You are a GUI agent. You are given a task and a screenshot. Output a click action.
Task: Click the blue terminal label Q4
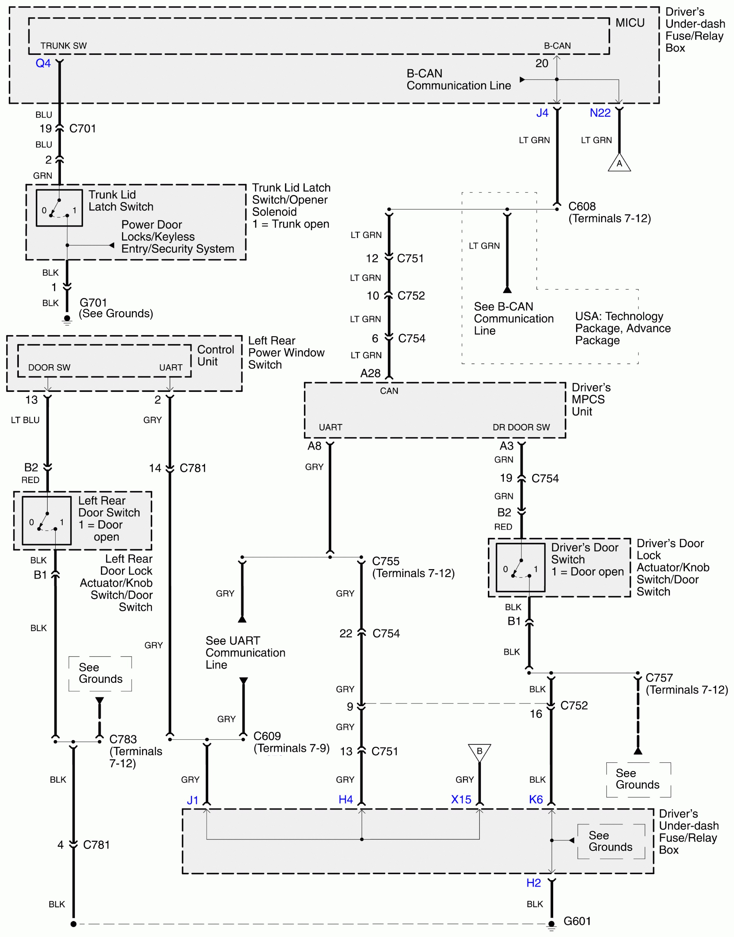click(43, 63)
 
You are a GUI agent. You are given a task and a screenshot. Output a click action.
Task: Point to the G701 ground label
click(93, 303)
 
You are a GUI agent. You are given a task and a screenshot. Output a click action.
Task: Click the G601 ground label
click(577, 921)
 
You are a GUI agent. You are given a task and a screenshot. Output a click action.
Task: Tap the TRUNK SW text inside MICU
click(64, 46)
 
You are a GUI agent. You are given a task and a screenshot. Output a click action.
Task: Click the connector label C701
click(83, 129)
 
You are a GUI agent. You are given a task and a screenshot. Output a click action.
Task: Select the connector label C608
click(582, 207)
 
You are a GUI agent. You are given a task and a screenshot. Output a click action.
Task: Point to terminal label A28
click(371, 373)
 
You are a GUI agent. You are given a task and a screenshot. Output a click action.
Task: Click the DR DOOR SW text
click(521, 427)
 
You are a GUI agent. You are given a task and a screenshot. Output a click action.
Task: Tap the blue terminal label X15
click(461, 799)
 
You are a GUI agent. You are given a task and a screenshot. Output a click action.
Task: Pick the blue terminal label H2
click(533, 883)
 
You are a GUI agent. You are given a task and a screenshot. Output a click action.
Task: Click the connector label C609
click(267, 736)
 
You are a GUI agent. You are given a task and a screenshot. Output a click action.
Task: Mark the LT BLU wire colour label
click(25, 420)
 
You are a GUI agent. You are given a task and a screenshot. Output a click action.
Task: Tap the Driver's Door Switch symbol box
click(521, 568)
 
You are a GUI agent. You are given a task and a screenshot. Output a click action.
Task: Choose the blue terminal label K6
click(536, 799)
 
